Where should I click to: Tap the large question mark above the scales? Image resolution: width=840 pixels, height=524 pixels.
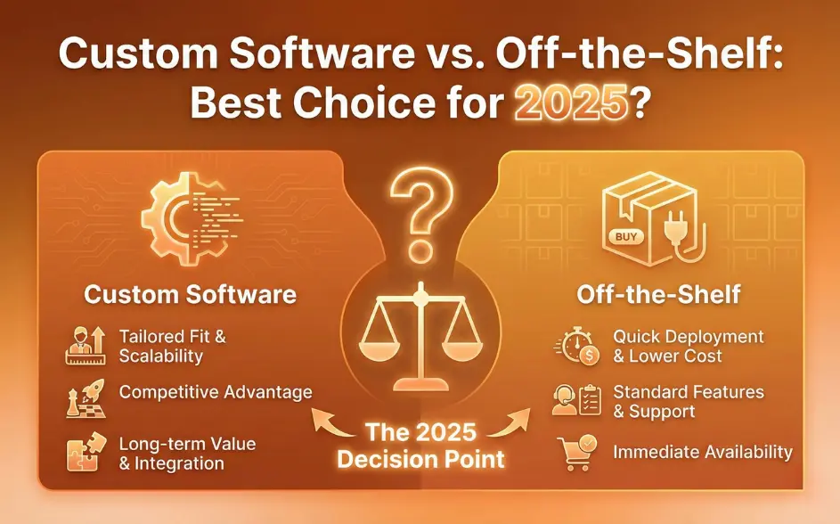pyautogui.click(x=420, y=212)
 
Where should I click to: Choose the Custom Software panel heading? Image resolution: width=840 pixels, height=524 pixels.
pyautogui.click(x=190, y=293)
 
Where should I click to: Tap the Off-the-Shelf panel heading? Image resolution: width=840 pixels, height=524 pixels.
pyautogui.click(x=657, y=293)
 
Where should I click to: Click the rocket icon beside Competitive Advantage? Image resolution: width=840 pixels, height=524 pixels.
pyautogui.click(x=86, y=397)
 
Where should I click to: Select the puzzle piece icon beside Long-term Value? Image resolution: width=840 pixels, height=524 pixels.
pyautogui.click(x=86, y=452)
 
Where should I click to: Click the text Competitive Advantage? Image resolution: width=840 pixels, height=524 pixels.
pyautogui.click(x=216, y=392)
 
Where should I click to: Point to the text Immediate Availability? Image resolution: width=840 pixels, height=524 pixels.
pyautogui.click(x=702, y=452)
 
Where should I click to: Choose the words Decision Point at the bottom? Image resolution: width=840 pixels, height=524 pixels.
pyautogui.click(x=421, y=460)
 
